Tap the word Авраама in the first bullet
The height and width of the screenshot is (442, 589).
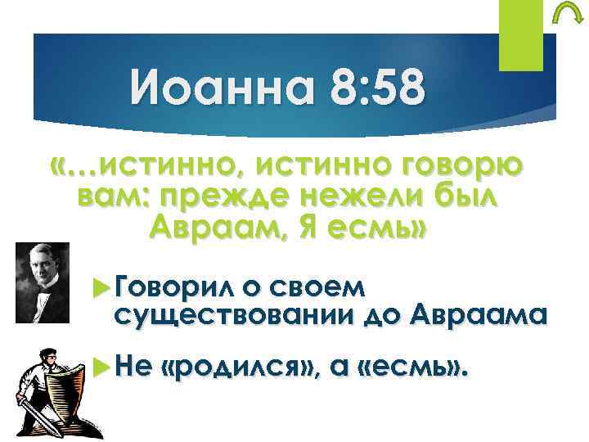[478, 313]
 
